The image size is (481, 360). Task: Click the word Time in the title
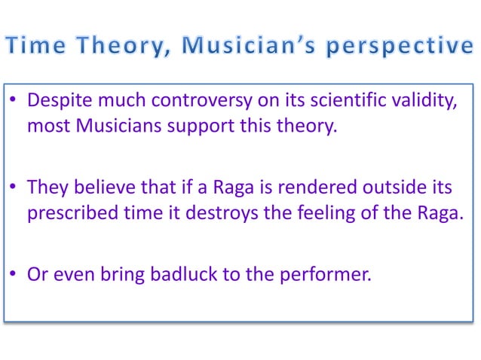(x=37, y=47)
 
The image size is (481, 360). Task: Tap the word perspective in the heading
(x=400, y=47)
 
